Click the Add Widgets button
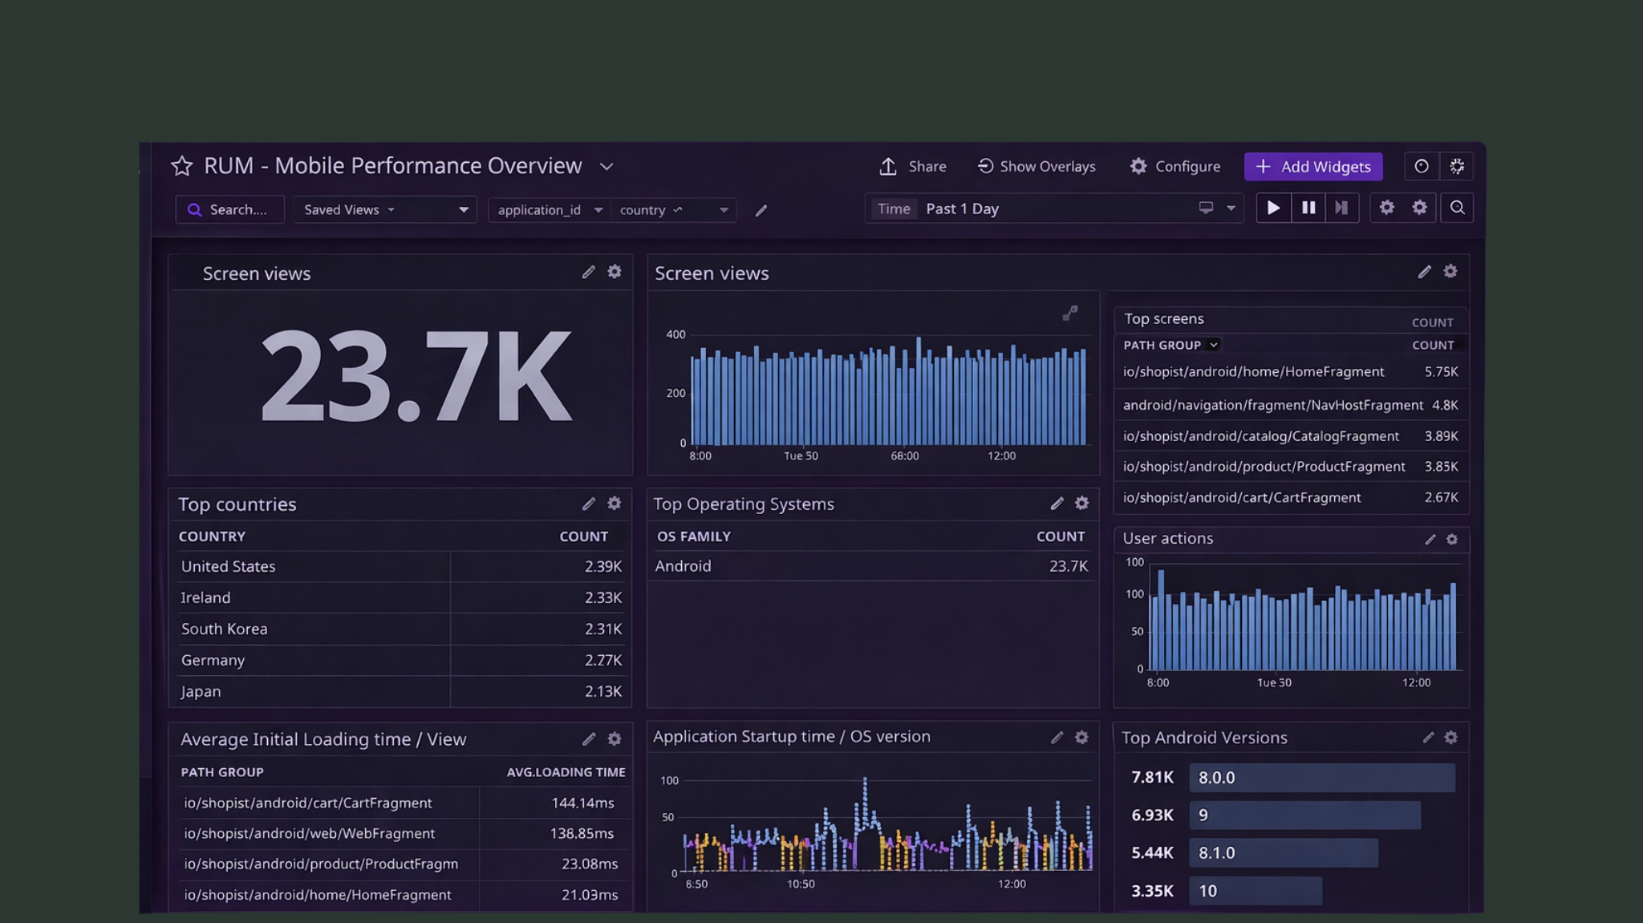1313,167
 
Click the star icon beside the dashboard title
182,166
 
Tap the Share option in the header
913,167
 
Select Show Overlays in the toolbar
1037,167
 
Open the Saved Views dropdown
384,210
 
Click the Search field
230,210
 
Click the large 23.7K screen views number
416,376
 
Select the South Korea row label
224,630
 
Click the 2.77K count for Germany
602,661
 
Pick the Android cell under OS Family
683,566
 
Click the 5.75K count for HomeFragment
1441,372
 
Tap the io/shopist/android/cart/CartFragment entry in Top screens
1241,498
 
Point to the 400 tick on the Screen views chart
675,334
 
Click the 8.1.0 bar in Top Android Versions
1284,853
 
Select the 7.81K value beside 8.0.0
1152,778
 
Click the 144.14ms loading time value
582,804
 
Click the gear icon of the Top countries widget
615,504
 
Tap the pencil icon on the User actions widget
1430,540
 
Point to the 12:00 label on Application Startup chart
1012,885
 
